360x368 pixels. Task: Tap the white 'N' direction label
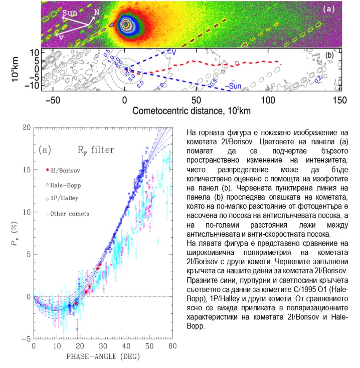coord(96,12)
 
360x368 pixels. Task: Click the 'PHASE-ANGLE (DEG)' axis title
coord(104,357)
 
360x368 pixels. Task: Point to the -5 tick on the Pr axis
coord(26,339)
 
